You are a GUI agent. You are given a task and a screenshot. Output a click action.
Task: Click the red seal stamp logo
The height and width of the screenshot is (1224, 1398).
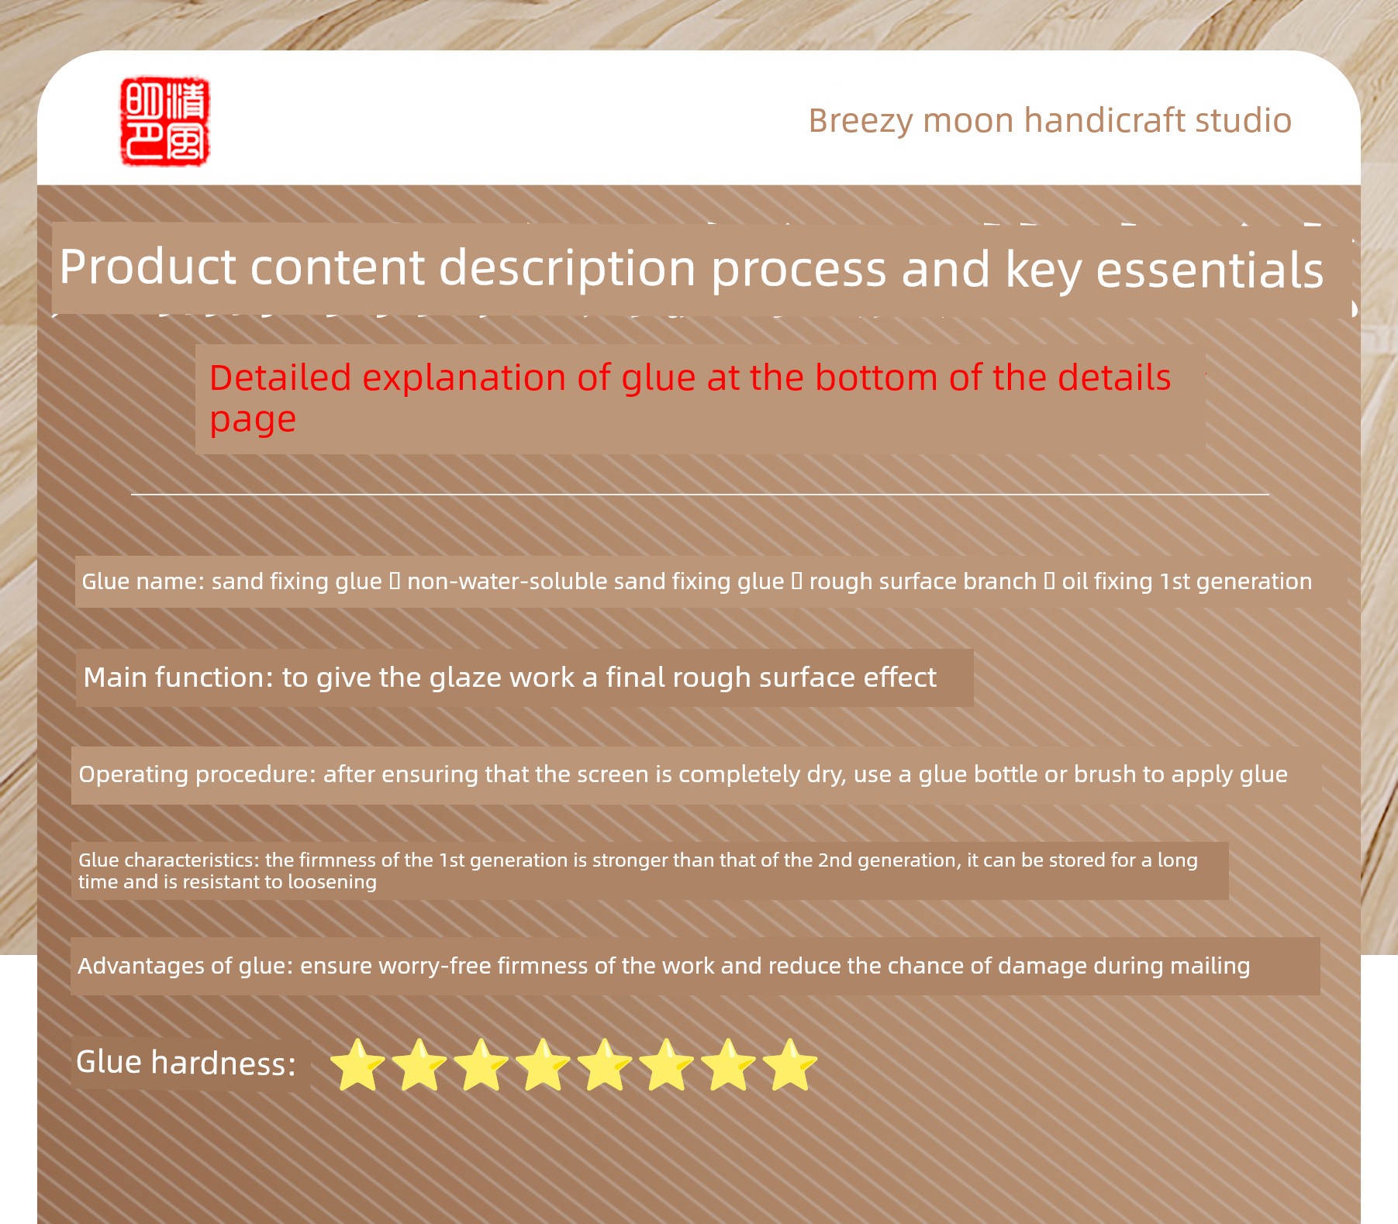coord(165,121)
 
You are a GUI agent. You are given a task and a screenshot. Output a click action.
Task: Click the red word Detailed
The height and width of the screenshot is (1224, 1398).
coord(280,378)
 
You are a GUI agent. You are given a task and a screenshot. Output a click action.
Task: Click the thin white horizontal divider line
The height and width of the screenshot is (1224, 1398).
coord(700,494)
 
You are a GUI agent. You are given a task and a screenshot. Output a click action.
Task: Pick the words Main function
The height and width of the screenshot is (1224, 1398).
coord(178,678)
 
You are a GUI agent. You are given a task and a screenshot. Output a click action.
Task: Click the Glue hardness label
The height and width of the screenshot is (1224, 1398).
coord(186,1063)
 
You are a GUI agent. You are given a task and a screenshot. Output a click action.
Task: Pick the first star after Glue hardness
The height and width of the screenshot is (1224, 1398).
coord(357,1065)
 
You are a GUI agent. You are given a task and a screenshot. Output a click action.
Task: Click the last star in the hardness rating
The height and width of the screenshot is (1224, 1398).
coord(789,1065)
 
